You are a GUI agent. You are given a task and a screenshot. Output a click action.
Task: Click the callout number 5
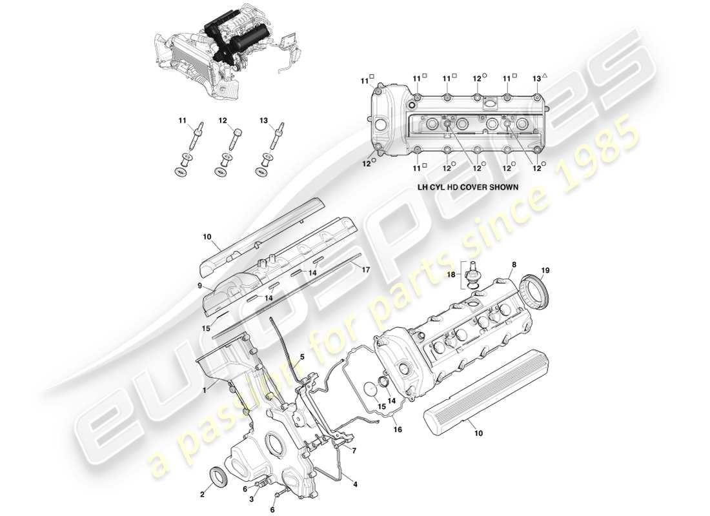coord(302,357)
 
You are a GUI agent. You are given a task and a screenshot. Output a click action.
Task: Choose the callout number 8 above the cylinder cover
coord(514,264)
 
